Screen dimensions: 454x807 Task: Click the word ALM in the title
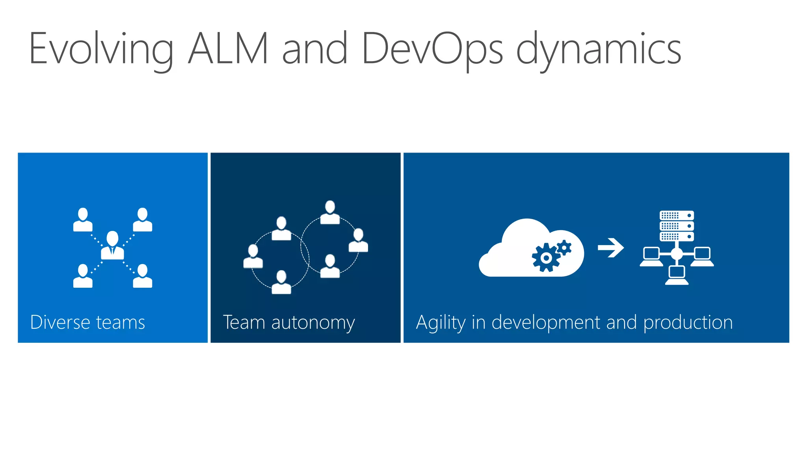tap(229, 48)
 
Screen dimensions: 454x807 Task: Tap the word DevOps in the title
tap(432, 48)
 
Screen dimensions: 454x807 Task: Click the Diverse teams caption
tap(87, 322)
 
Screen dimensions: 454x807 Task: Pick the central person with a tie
tap(112, 245)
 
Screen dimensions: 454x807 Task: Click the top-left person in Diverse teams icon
tap(83, 220)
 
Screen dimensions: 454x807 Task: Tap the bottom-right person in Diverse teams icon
tap(142, 276)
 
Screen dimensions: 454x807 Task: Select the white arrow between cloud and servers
tap(610, 248)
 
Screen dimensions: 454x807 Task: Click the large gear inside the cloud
tap(546, 258)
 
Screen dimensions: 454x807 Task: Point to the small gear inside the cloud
tap(564, 247)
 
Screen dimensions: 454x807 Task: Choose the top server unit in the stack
tap(677, 216)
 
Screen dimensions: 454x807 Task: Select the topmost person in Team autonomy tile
tap(330, 212)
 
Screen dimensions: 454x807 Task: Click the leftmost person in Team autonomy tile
tap(253, 257)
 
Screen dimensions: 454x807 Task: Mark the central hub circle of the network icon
tap(677, 253)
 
